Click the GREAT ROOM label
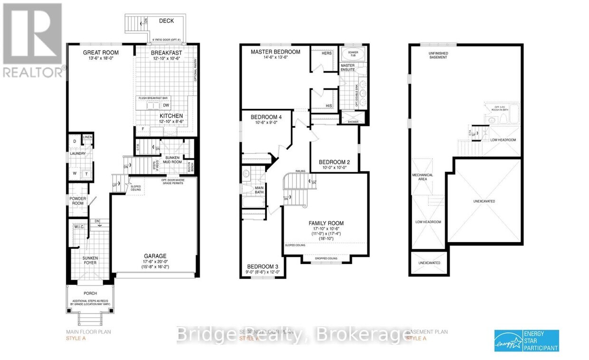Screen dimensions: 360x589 coord(101,52)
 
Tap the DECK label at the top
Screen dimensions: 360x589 coord(166,20)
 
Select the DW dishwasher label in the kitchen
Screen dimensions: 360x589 coord(166,105)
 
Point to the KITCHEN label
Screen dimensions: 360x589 coord(171,115)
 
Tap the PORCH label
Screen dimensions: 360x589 coord(90,294)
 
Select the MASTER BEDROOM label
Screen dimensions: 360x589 coord(275,52)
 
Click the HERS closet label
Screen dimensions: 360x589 coord(326,53)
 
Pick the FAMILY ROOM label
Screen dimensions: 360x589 coord(326,223)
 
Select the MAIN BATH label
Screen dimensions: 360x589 coord(259,190)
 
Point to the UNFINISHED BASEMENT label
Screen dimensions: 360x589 coord(438,55)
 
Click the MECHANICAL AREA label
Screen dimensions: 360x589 coord(422,177)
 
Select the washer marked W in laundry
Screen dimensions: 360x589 coord(75,173)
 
